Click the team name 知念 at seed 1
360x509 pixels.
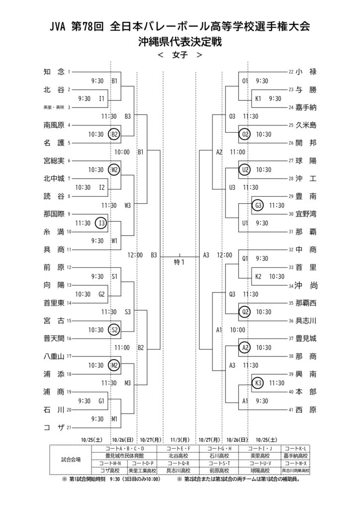(54, 72)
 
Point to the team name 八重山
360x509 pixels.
(54, 356)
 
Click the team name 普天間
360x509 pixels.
(54, 338)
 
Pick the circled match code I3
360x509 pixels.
(101, 223)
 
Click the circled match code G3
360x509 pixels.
(258, 205)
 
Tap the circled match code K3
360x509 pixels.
(258, 383)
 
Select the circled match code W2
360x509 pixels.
(114, 170)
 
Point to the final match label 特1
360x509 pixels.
(179, 262)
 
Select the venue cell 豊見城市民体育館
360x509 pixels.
(124, 455)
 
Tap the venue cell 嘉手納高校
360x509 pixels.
(295, 455)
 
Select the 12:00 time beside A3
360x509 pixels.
(224, 255)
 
